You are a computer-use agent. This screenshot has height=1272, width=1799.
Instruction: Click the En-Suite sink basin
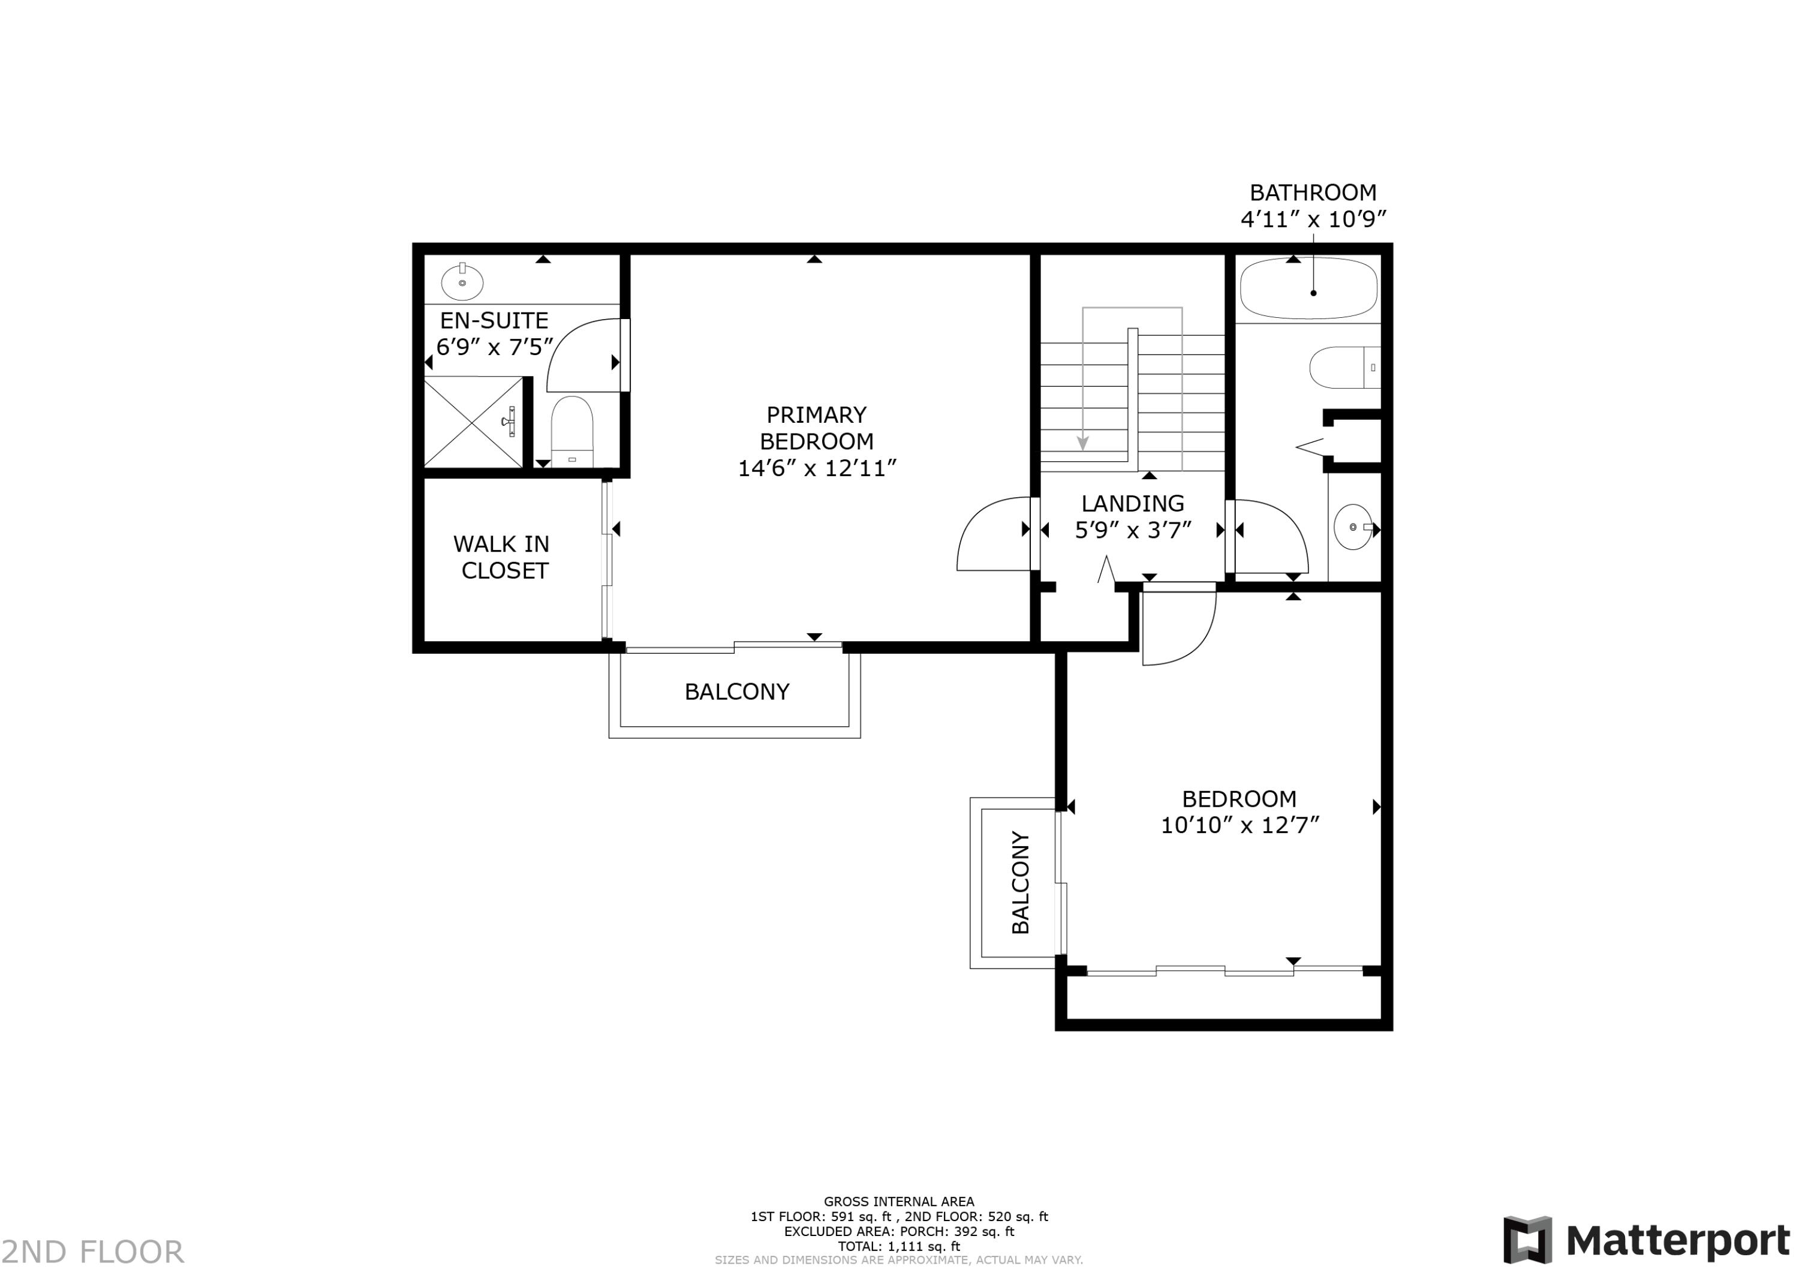(462, 281)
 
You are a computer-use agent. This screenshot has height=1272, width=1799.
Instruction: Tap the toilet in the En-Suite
(572, 432)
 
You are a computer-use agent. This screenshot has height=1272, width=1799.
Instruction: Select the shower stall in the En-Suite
(473, 422)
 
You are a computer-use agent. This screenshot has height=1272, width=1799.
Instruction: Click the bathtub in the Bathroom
(1308, 288)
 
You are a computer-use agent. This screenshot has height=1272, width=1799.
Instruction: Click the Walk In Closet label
(503, 557)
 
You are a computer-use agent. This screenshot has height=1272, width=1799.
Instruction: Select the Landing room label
(1133, 503)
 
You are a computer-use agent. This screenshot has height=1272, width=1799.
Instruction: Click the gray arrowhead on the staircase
(1083, 444)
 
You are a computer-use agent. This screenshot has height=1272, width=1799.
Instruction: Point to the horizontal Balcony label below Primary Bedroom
(736, 691)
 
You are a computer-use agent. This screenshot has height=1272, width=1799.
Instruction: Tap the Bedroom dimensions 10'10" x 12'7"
(1240, 825)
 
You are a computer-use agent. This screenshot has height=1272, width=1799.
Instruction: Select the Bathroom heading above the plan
(1313, 192)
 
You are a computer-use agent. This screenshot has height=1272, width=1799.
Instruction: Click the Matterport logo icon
(1527, 1240)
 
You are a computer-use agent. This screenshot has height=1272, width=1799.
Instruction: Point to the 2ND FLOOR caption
(92, 1252)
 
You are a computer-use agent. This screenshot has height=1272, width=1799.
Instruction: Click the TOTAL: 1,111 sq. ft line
(899, 1246)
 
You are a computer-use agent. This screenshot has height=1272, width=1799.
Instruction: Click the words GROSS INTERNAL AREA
(899, 1201)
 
